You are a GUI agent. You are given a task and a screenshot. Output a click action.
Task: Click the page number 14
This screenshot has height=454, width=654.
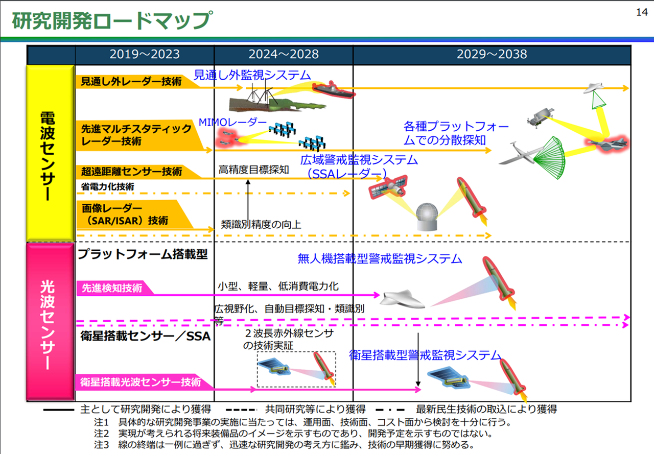pyautogui.click(x=642, y=13)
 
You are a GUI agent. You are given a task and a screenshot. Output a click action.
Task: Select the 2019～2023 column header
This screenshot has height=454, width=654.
pyautogui.click(x=145, y=55)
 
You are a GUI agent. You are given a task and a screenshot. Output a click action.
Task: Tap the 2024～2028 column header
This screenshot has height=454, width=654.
pyautogui.click(x=284, y=55)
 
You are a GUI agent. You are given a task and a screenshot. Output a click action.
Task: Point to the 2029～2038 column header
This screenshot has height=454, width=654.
pyautogui.click(x=492, y=55)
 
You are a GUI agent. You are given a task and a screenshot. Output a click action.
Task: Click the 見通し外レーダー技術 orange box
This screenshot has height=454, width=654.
pyautogui.click(x=130, y=81)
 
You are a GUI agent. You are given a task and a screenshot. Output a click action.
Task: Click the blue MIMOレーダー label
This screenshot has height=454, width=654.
pyautogui.click(x=232, y=123)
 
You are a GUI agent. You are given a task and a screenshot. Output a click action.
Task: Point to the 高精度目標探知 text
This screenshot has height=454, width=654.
pyautogui.click(x=254, y=170)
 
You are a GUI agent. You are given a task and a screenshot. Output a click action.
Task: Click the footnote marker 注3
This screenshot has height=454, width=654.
pyautogui.click(x=102, y=444)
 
